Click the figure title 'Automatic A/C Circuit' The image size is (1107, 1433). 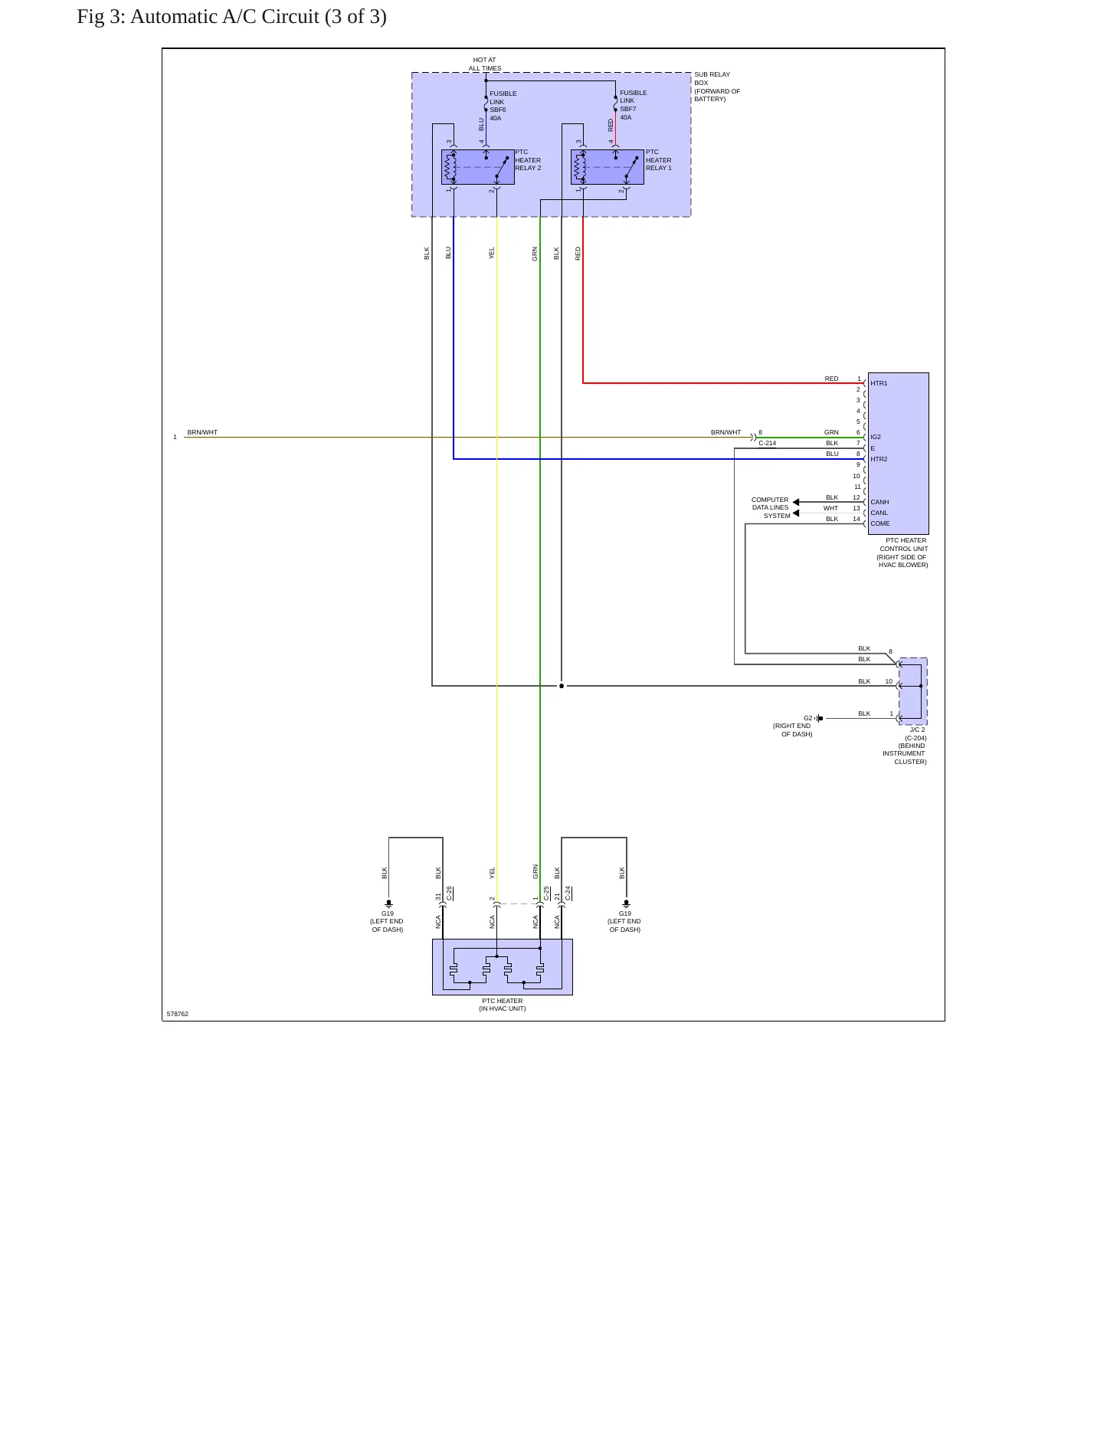pos(225,17)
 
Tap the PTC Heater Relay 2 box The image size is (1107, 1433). pos(477,167)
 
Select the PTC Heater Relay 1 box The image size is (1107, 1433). pos(607,167)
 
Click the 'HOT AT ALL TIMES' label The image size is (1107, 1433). pos(485,64)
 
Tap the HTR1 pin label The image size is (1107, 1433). pos(879,383)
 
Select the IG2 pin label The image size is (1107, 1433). pos(876,437)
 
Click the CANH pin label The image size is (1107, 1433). pos(879,502)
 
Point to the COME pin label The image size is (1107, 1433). pos(880,523)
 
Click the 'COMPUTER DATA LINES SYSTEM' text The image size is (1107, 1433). pos(770,507)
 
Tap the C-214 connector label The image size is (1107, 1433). pos(767,443)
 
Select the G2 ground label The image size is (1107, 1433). pos(807,718)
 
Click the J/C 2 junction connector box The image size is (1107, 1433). pos(912,691)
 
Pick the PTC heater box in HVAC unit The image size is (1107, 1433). pos(503,967)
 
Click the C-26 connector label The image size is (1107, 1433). pos(449,894)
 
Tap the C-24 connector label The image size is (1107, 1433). pos(568,894)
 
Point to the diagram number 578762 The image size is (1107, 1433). pos(177,1014)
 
